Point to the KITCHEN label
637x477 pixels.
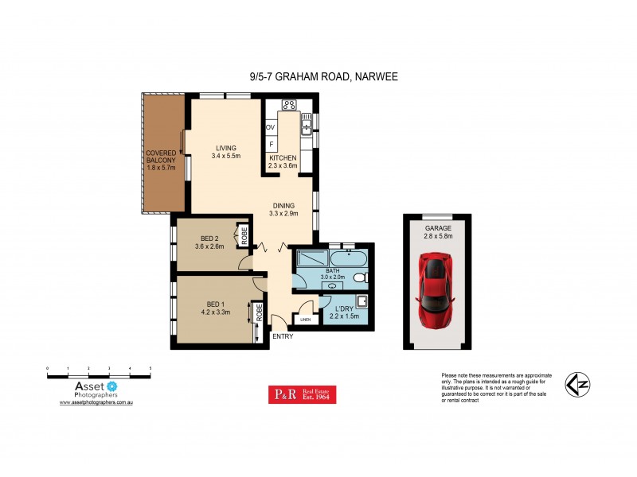click(x=283, y=161)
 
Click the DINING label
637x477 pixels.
click(x=283, y=207)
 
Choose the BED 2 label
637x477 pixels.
click(x=209, y=241)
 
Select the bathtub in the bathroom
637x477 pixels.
click(x=348, y=259)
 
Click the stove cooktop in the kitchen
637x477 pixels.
click(x=289, y=106)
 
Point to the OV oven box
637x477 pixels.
click(x=271, y=126)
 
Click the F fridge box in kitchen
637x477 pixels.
click(x=271, y=144)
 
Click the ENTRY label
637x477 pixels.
click(x=283, y=336)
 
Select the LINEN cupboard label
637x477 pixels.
click(x=305, y=320)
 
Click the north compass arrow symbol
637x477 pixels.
click(x=577, y=386)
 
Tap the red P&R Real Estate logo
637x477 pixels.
click(x=302, y=395)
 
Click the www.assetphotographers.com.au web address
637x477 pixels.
click(x=96, y=403)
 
